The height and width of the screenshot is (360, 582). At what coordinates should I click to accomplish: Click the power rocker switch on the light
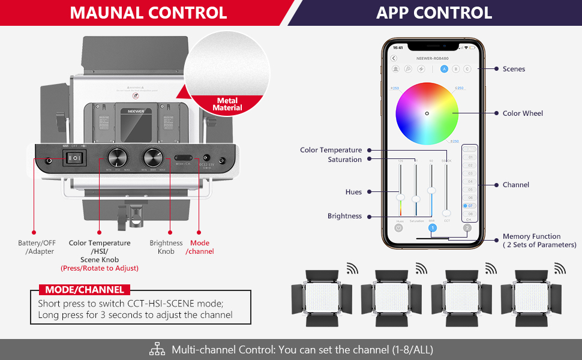(76, 158)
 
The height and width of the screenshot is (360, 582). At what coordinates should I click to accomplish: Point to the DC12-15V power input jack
(207, 157)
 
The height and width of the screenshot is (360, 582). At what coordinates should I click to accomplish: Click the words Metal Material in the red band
(227, 104)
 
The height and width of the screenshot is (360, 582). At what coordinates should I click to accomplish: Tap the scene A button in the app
(445, 69)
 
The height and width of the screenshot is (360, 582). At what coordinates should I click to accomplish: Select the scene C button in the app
(467, 69)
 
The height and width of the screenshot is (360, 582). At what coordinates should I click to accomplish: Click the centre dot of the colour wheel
(427, 113)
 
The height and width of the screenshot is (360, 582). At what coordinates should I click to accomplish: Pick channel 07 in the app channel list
(470, 206)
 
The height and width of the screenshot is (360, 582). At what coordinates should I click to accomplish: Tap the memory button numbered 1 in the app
(432, 228)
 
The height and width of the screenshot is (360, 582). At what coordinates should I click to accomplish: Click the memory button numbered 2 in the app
(467, 228)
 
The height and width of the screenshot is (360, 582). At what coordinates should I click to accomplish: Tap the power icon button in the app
(399, 228)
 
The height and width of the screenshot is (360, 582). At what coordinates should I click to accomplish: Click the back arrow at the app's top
(394, 58)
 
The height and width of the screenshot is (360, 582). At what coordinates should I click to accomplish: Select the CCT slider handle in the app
(446, 213)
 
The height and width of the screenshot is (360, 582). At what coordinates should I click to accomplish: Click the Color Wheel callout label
(523, 113)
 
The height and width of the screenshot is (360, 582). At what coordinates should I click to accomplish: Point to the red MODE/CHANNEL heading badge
(84, 289)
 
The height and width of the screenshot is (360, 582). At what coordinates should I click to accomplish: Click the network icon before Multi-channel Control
(157, 349)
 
